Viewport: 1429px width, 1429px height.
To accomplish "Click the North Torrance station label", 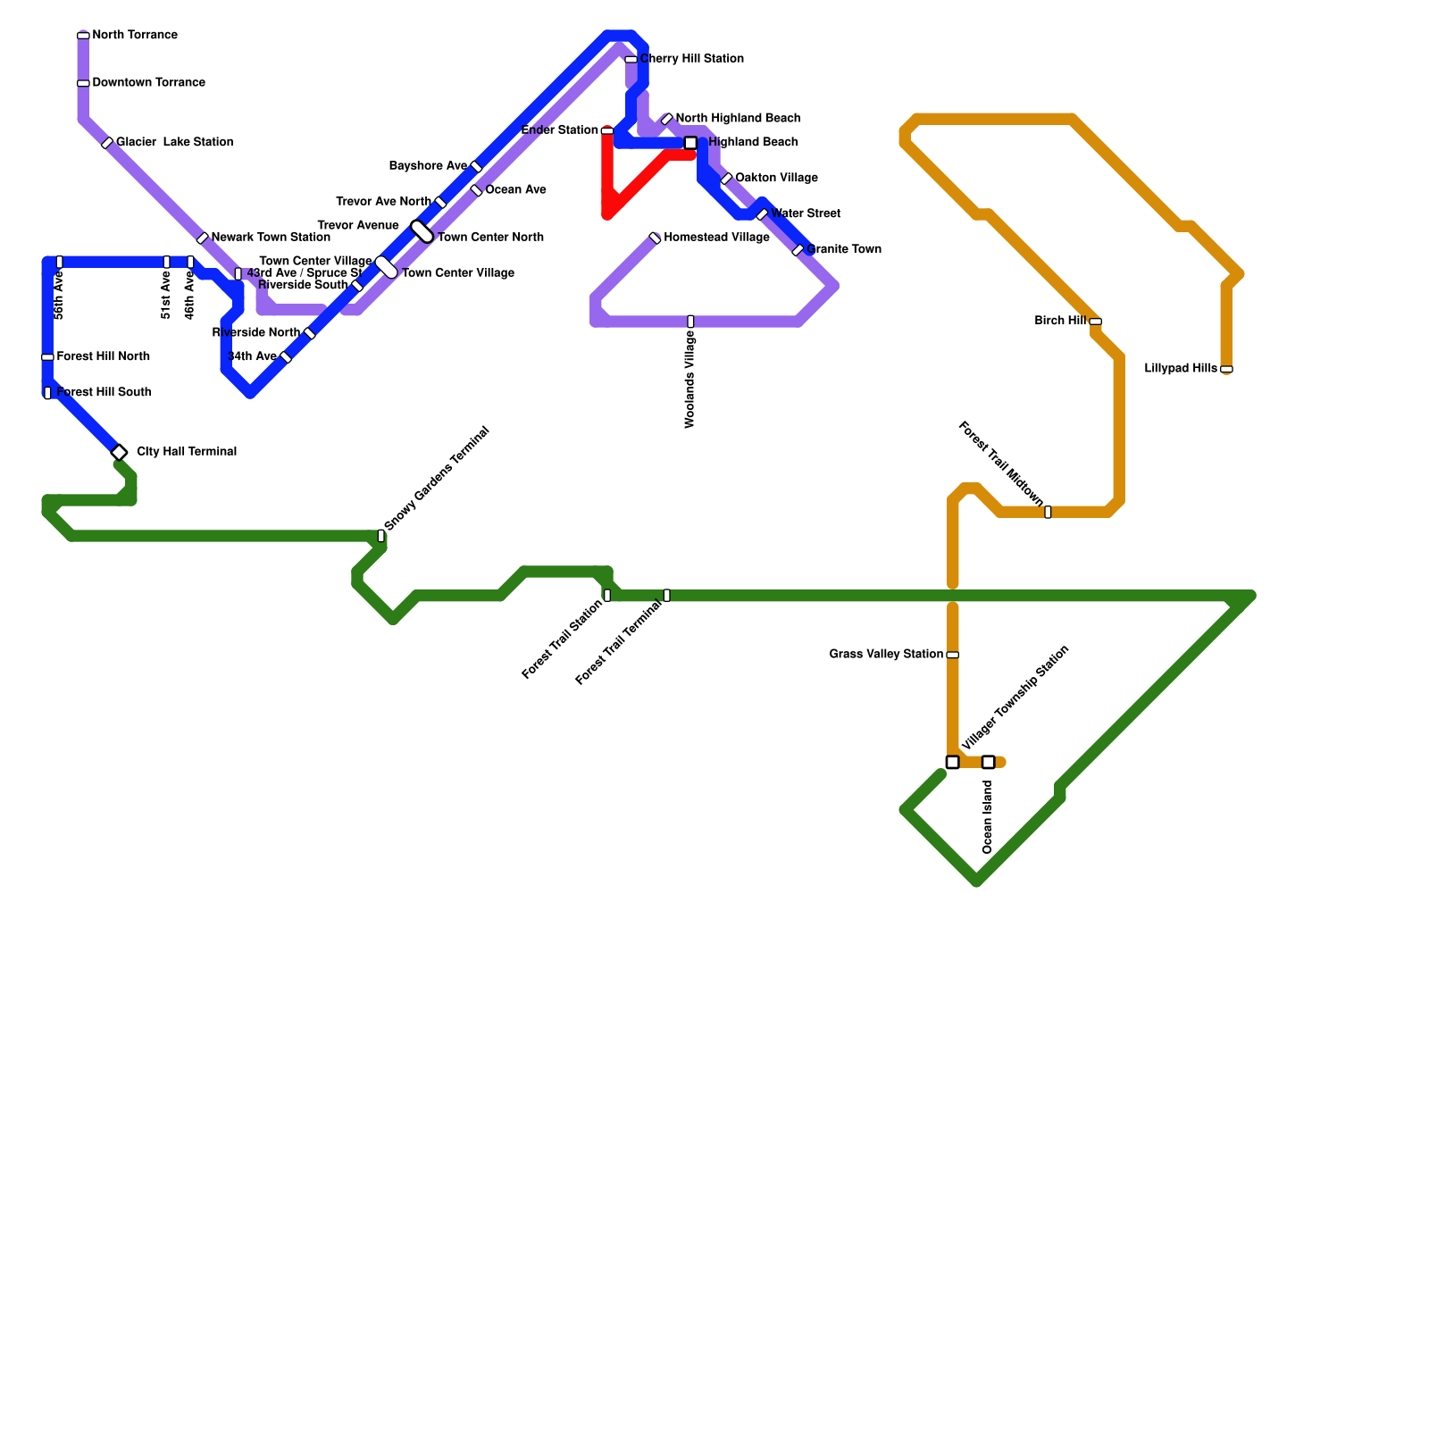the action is click(x=135, y=36).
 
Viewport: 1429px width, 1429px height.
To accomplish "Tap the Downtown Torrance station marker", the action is click(x=83, y=83).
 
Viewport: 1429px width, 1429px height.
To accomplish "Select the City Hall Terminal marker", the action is click(x=120, y=453).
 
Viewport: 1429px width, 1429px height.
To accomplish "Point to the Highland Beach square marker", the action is click(x=690, y=143).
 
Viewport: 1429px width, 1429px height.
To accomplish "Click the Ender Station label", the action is click(x=559, y=130).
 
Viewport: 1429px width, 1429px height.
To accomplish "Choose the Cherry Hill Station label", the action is click(x=691, y=59).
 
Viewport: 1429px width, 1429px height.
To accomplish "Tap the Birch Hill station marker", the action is click(x=1095, y=322).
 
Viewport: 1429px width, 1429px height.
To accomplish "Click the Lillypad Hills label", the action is click(x=1180, y=369).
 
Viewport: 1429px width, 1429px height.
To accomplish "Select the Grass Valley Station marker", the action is click(x=953, y=655).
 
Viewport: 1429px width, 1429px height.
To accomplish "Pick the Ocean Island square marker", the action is click(x=988, y=762).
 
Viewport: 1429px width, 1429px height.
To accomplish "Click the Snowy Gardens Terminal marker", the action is click(x=381, y=536).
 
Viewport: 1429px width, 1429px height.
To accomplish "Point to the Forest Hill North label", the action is click(x=103, y=357).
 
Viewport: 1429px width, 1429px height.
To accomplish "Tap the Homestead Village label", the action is click(x=716, y=238).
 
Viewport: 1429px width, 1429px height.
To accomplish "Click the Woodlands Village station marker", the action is click(x=690, y=322).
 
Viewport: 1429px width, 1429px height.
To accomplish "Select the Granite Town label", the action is click(x=844, y=249).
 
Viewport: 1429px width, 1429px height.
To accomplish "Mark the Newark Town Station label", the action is click(x=271, y=238).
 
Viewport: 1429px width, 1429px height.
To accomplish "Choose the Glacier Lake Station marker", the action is click(x=107, y=143).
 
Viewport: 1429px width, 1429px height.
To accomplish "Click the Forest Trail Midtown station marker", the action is click(x=1048, y=512).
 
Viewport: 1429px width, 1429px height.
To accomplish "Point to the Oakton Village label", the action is click(x=776, y=178).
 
